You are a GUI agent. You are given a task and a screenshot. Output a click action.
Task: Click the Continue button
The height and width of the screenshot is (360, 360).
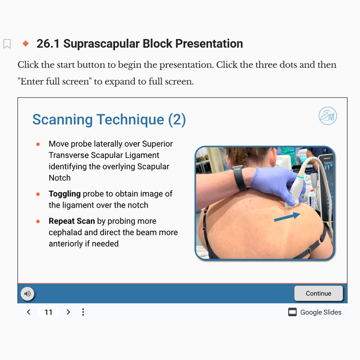[318, 293]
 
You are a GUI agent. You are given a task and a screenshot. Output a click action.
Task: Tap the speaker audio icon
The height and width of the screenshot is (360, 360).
[28, 293]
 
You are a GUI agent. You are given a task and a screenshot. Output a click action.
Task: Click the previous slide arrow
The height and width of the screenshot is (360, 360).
[29, 312]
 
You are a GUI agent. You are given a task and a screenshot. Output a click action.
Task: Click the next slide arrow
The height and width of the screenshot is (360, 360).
[68, 312]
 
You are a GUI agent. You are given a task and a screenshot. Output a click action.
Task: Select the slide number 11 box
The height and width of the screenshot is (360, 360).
[48, 312]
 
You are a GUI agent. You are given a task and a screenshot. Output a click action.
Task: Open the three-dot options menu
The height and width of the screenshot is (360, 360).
[83, 312]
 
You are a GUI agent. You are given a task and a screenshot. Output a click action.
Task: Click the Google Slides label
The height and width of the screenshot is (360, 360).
[321, 312]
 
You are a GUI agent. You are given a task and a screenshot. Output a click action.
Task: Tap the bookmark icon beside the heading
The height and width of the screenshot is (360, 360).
[7, 44]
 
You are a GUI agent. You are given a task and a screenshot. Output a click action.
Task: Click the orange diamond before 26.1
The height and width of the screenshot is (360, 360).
[26, 43]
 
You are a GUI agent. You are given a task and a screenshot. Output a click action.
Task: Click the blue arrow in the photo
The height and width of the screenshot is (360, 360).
[287, 217]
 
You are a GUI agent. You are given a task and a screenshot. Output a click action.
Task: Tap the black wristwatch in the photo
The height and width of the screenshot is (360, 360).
[239, 178]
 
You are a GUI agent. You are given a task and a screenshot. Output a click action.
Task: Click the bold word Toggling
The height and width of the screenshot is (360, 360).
[65, 194]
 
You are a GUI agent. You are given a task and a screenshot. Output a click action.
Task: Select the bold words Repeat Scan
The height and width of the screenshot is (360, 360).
[72, 221]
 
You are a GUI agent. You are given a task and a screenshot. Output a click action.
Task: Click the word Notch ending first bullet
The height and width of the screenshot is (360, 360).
[60, 178]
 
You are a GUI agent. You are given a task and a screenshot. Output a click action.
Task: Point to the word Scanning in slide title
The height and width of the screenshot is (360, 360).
[62, 120]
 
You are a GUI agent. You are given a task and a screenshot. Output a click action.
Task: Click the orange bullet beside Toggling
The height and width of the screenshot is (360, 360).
[38, 194]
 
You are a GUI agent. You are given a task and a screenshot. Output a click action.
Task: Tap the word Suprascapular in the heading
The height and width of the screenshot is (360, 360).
[101, 44]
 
